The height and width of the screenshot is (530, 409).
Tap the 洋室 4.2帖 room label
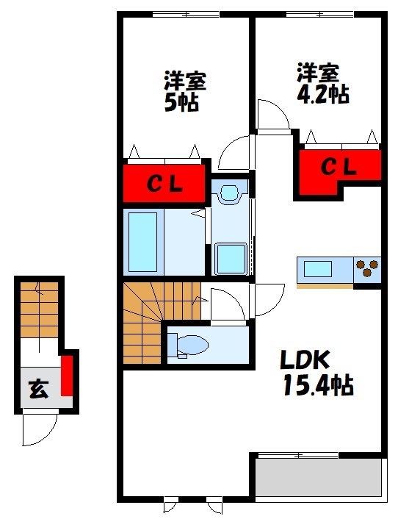(321, 83)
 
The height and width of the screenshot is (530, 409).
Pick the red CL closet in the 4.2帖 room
(339, 168)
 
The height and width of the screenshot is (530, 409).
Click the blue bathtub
(143, 242)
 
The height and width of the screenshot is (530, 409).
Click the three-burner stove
(367, 270)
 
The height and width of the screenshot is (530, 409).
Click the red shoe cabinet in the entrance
(67, 376)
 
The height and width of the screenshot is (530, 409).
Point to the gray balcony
(319, 477)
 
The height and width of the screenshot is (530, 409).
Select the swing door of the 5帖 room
(234, 154)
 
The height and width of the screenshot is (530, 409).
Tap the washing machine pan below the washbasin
(231, 257)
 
